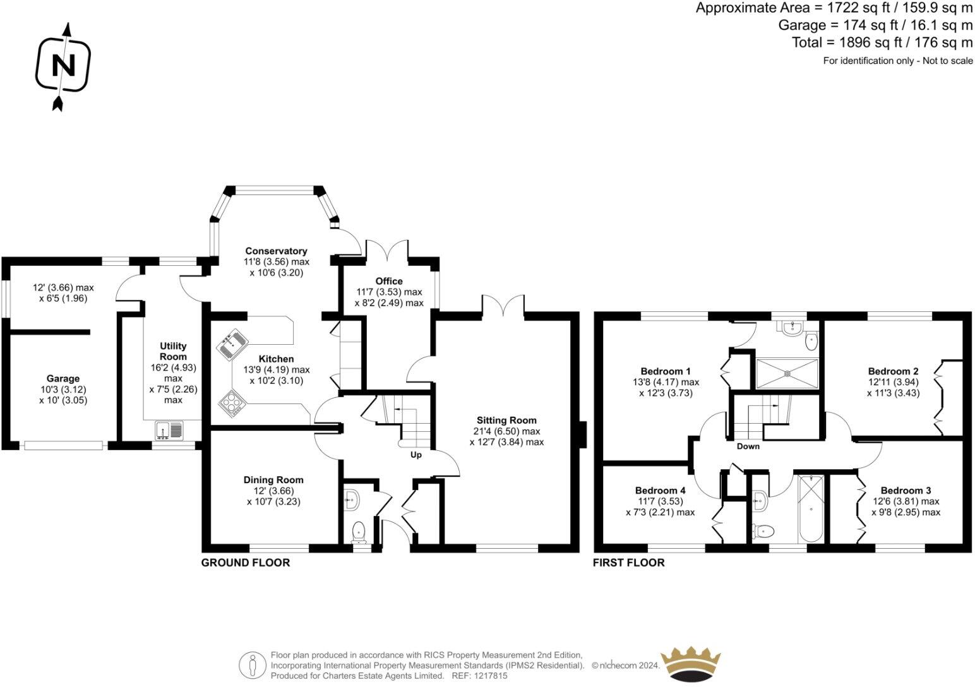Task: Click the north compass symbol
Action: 63,66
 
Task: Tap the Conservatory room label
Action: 276,251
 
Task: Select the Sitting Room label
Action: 506,420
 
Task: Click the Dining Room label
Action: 273,480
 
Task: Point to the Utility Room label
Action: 173,351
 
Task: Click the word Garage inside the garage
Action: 63,379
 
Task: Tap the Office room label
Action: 388,281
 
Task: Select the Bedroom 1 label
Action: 666,371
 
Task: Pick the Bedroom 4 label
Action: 660,491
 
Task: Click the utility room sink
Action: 169,430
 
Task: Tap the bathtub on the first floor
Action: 810,509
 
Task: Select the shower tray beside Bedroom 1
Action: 787,374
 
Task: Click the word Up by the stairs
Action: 416,455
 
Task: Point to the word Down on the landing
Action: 748,446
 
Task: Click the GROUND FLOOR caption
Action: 245,563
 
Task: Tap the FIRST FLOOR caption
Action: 628,563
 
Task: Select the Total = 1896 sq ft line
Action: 882,43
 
